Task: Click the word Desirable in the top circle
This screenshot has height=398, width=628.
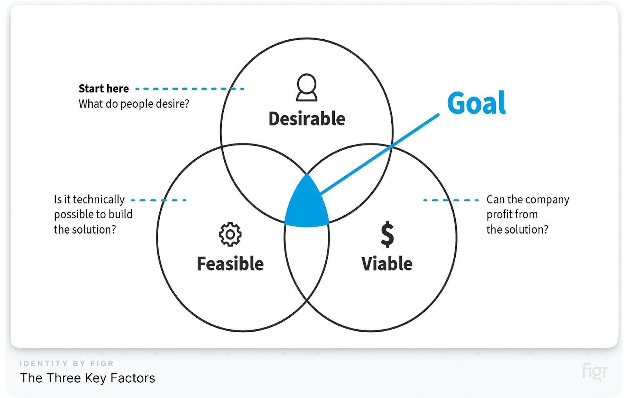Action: (307, 119)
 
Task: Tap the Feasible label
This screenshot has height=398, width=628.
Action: (230, 263)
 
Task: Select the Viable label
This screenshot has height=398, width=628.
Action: (387, 263)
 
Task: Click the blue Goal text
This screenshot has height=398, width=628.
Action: (476, 103)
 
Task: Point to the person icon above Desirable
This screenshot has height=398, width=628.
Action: (307, 87)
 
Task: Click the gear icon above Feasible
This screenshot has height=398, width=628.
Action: (230, 234)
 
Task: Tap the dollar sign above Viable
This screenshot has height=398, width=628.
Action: (387, 234)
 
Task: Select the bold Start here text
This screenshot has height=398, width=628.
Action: (104, 88)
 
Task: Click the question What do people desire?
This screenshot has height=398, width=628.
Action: (134, 104)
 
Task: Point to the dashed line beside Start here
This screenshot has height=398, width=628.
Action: (189, 89)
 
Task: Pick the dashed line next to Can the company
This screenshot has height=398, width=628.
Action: (451, 200)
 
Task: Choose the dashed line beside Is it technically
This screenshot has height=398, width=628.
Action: (159, 200)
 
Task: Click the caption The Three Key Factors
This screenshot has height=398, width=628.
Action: (88, 378)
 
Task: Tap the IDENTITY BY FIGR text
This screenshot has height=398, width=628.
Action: (67, 363)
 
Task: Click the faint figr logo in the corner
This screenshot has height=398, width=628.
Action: (594, 371)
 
